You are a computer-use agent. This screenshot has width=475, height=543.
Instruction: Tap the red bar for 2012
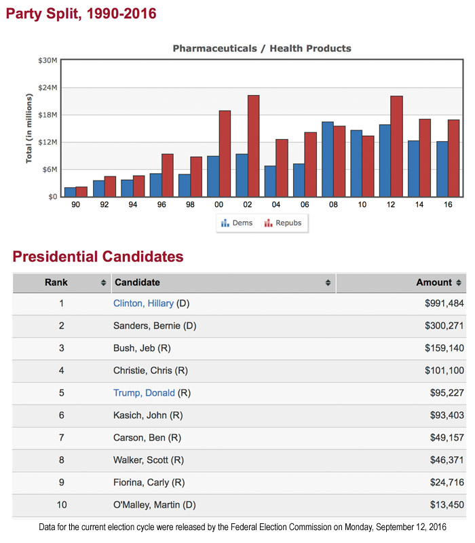[396, 146]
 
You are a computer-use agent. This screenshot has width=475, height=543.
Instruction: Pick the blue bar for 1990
[70, 192]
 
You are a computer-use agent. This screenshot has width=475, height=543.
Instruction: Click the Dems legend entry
[237, 223]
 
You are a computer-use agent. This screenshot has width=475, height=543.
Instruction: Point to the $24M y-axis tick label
[47, 88]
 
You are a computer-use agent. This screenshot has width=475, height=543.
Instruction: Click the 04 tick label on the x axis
[276, 204]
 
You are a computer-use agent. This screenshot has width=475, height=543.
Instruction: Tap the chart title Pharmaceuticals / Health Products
[262, 48]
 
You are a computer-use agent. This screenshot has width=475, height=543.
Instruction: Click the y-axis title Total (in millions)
[29, 129]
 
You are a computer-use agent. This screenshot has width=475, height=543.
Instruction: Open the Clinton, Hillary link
[143, 303]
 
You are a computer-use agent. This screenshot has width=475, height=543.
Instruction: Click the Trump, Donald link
[144, 393]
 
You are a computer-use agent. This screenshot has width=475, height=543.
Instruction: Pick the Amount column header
[434, 282]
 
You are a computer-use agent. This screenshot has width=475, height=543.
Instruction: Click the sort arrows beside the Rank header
[103, 282]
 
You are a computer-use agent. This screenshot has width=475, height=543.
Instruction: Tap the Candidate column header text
[137, 282]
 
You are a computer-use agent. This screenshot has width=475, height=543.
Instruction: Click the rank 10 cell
[61, 505]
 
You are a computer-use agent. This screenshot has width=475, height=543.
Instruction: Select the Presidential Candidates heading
[98, 257]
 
